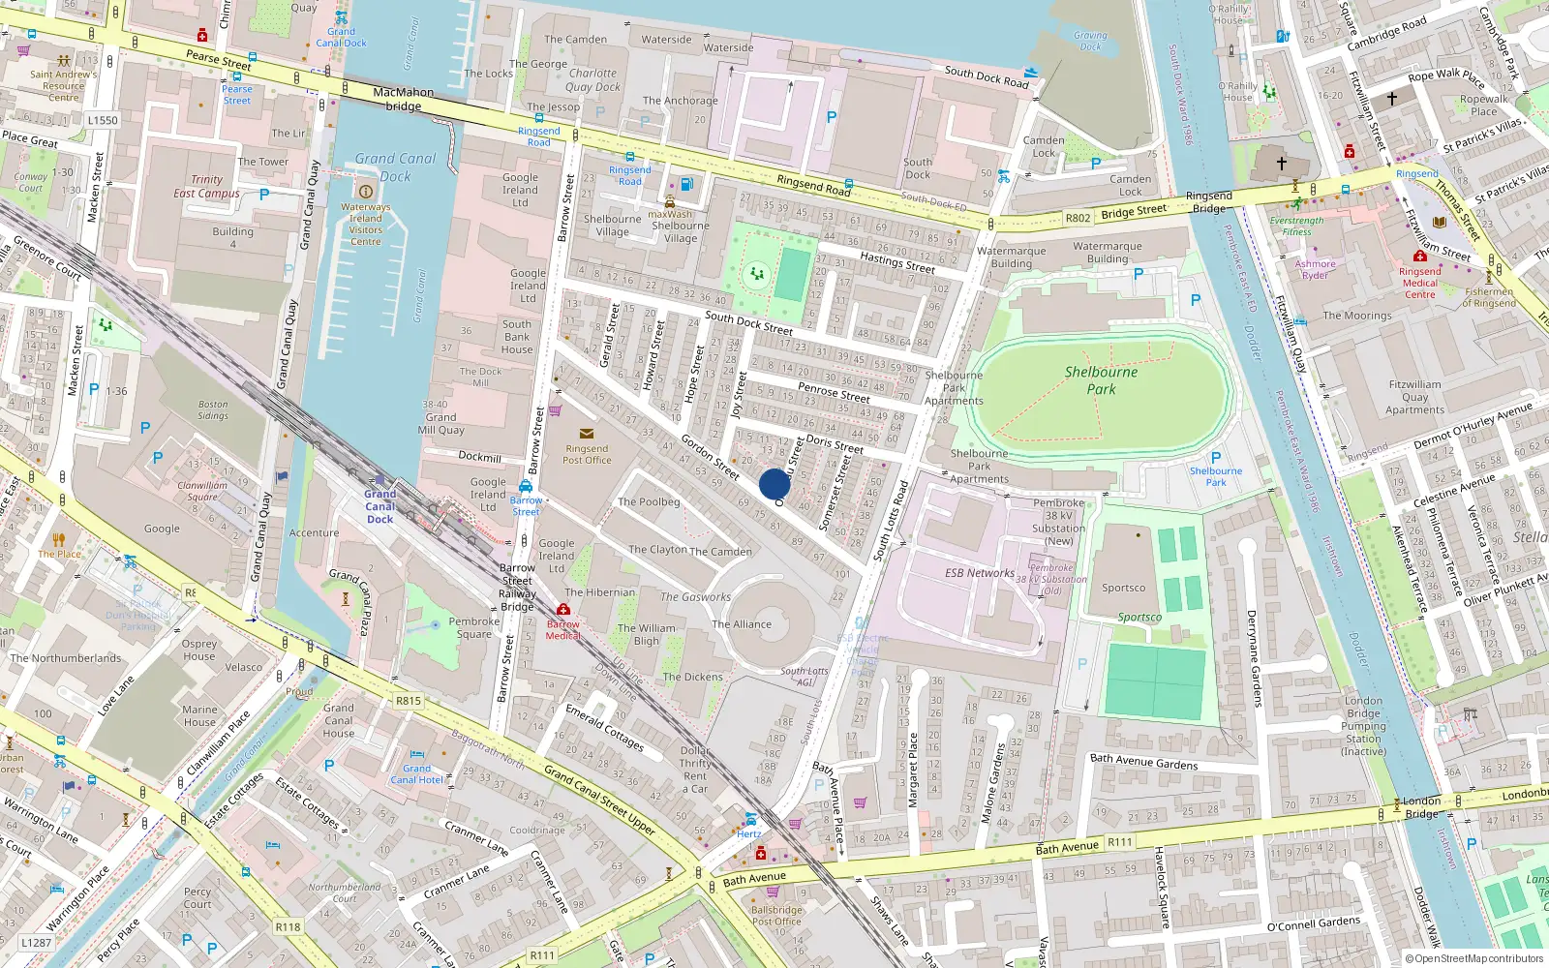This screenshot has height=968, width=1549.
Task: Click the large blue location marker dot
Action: coord(774,484)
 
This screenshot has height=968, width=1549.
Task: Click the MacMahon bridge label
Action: coord(403,99)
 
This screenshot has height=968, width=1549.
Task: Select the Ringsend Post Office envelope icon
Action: coord(587,434)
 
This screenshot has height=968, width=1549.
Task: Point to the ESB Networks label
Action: coord(979,573)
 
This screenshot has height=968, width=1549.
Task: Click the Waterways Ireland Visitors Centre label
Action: coord(365,224)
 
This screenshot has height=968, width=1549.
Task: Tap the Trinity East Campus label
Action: coord(206,186)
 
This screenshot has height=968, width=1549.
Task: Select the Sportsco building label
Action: coord(1123,588)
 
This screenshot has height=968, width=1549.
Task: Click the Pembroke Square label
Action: coord(474,628)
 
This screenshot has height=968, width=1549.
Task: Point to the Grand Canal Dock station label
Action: coord(380,506)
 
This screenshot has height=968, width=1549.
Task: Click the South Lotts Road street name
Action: coord(892,521)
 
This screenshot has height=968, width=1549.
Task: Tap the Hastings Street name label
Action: coord(897,262)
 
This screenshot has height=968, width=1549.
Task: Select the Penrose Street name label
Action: coord(834,391)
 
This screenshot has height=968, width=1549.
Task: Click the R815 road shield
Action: coord(409,701)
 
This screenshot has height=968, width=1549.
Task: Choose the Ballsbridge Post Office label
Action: coord(775,916)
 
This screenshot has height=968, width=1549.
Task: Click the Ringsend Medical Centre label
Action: coord(1419,283)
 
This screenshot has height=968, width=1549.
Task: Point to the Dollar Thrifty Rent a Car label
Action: coord(694,770)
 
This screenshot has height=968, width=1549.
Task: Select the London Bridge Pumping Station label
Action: coord(1363,726)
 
